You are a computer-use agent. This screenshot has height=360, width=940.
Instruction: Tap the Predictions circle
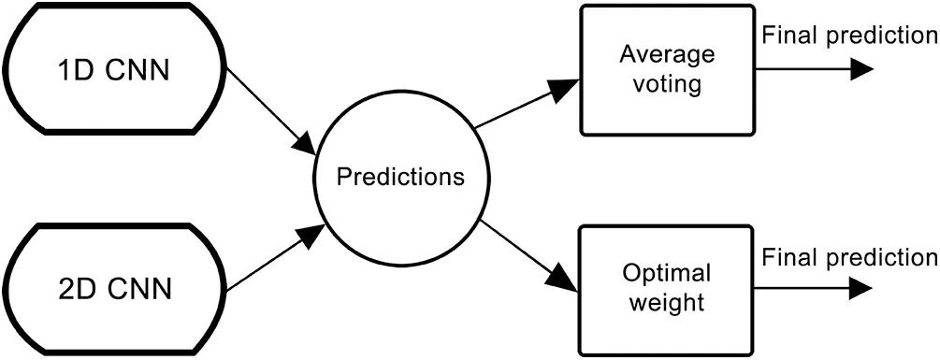coord(400,177)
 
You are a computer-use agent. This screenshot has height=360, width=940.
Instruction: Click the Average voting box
coord(667,70)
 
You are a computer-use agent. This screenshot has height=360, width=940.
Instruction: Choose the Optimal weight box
coord(667,289)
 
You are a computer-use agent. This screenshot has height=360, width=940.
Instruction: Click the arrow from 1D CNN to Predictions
coord(271,112)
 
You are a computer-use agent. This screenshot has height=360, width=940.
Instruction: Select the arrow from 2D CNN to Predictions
coord(271,256)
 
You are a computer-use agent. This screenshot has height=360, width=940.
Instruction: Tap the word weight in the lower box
coord(667,304)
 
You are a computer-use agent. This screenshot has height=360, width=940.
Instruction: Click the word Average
coord(667,54)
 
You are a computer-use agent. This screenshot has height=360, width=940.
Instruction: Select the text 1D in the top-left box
coord(71,70)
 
